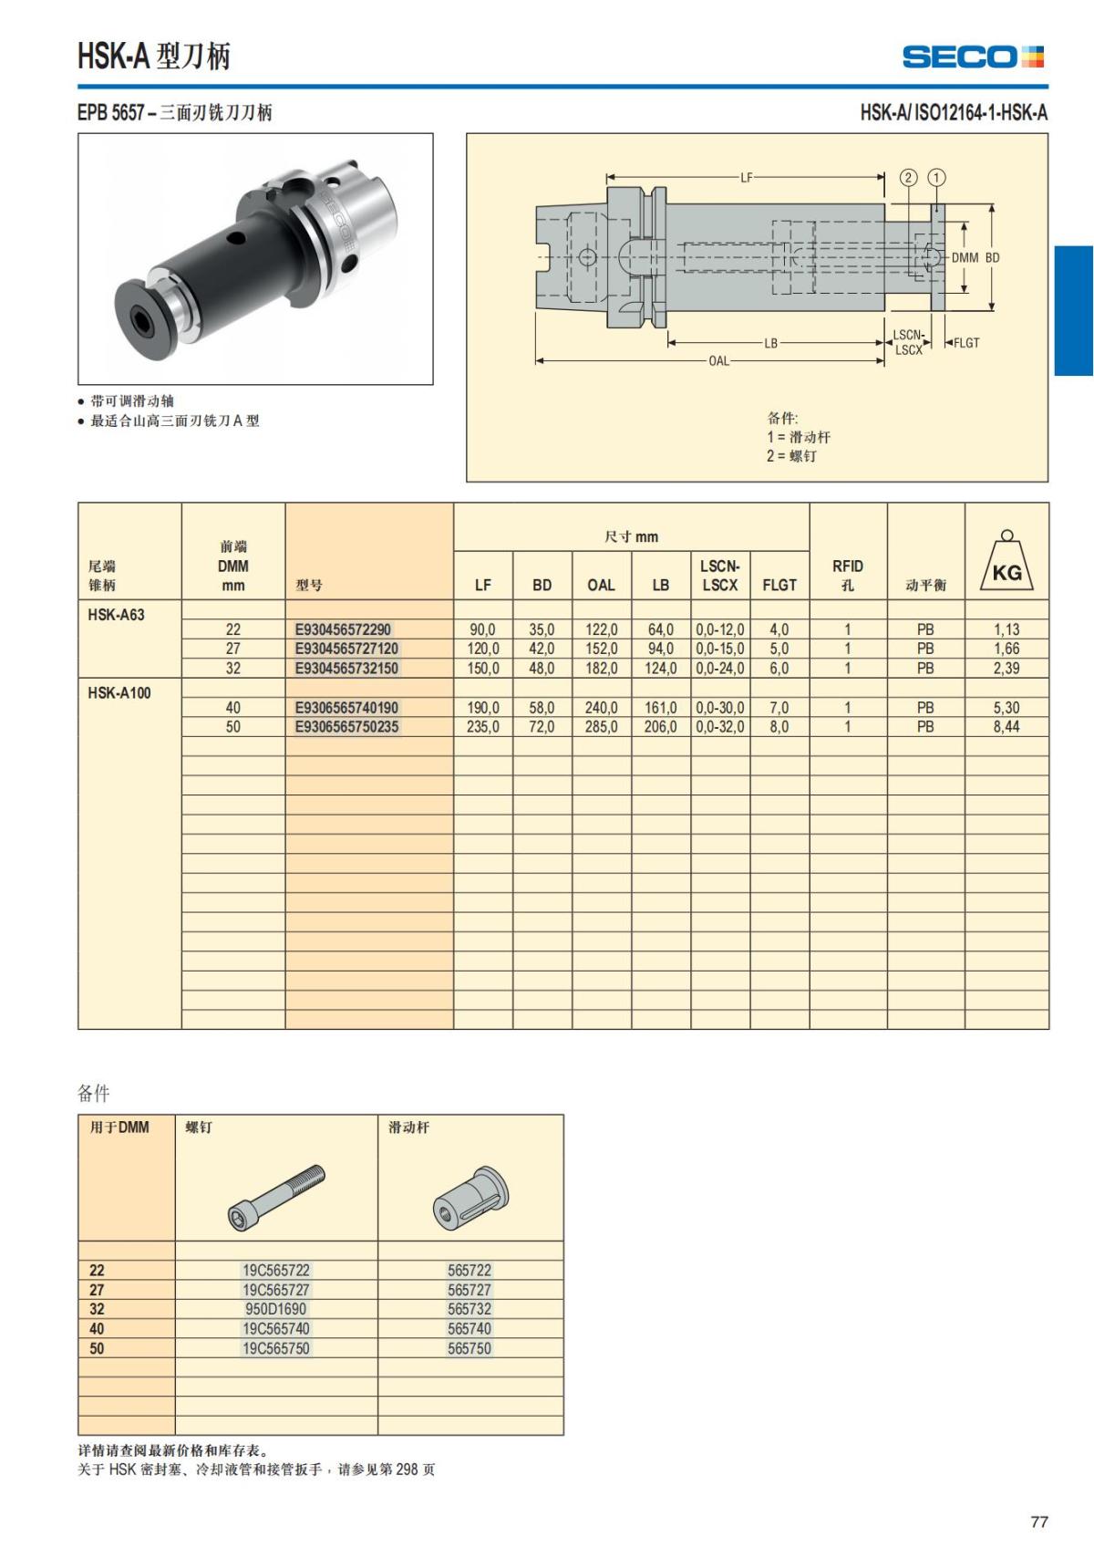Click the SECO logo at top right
click(972, 57)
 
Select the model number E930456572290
click(343, 629)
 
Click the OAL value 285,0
click(601, 727)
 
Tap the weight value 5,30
click(1006, 708)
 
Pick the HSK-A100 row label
click(119, 693)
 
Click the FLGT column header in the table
click(779, 585)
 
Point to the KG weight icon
click(1006, 563)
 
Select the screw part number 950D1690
click(275, 1309)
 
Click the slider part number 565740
click(469, 1329)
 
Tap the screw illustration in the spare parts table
click(276, 1196)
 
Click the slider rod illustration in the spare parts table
click(470, 1196)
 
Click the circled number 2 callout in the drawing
click(908, 178)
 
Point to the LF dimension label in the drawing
click(746, 178)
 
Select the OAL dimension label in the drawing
click(718, 361)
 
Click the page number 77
click(1038, 1522)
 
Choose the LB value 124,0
click(660, 669)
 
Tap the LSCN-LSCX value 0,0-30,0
click(719, 708)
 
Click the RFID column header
click(847, 575)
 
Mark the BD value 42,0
click(542, 649)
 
